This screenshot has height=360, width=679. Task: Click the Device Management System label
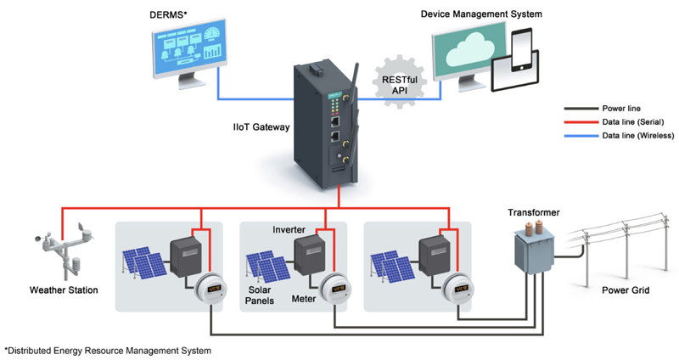point(481,14)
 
